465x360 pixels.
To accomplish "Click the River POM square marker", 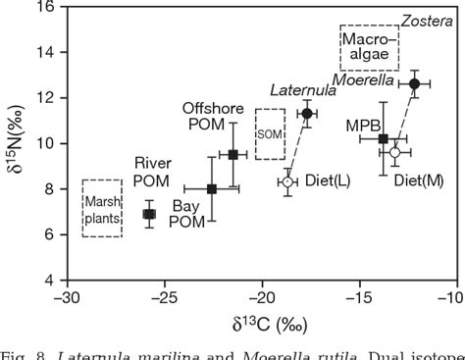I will coord(149,214).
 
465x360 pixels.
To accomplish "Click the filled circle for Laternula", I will coord(307,114).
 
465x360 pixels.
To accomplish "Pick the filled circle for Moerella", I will coord(414,84).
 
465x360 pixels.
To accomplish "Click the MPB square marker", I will coord(384,139).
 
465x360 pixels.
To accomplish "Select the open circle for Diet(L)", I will coord(287,181).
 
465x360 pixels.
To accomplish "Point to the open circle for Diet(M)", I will coord(394,152).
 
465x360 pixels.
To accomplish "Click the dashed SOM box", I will coord(270,133).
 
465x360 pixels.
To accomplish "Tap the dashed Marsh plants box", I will coord(102,208).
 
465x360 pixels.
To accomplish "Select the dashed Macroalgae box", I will coord(370,47).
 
